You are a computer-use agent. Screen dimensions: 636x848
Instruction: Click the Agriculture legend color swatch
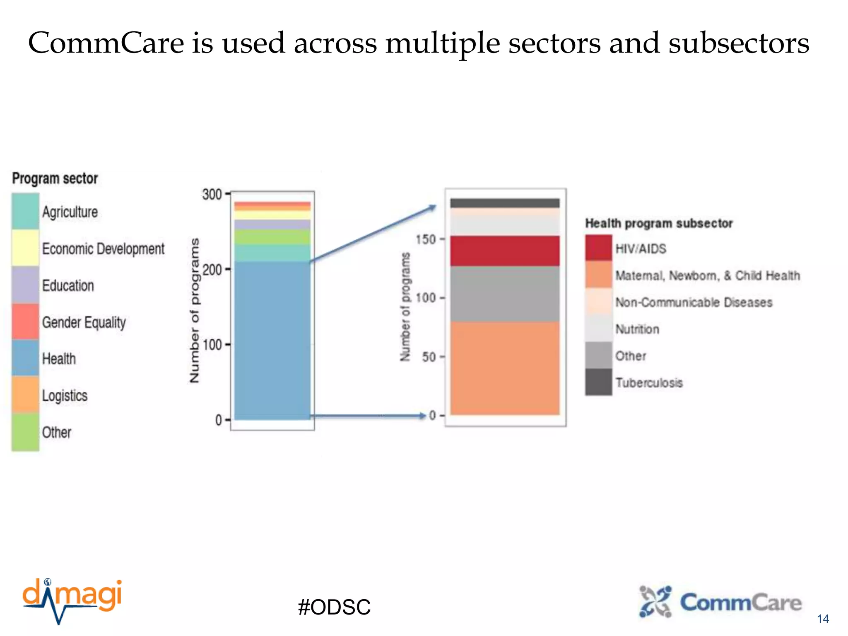(x=25, y=212)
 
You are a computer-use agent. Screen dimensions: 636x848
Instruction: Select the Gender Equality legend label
(x=84, y=322)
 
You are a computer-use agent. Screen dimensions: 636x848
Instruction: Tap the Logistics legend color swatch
(x=25, y=395)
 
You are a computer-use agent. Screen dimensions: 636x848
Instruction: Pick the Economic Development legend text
(x=103, y=248)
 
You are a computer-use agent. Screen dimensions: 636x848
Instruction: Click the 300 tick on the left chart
(x=212, y=194)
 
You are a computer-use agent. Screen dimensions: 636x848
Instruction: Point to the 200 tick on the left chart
(x=212, y=270)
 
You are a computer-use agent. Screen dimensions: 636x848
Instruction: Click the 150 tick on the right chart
(x=426, y=239)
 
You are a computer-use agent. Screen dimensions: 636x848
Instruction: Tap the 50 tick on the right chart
(x=429, y=357)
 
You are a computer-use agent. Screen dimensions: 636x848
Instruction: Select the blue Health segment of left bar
(x=272, y=340)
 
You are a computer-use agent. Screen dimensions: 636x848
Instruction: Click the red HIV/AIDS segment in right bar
(x=505, y=251)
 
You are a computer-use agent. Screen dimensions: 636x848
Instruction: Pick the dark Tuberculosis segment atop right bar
(x=505, y=203)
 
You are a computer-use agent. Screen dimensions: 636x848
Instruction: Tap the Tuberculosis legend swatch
(x=598, y=382)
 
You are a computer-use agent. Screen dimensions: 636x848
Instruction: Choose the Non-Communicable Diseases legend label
(x=694, y=302)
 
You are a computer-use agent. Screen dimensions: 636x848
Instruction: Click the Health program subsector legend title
(x=658, y=223)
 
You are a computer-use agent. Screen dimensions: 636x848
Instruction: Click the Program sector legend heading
(x=55, y=178)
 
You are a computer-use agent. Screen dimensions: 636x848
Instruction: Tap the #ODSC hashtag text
(x=334, y=607)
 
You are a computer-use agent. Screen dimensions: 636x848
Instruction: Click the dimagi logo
(x=72, y=600)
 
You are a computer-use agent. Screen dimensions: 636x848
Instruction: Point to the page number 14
(x=823, y=619)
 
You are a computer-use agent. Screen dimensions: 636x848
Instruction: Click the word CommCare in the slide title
(x=106, y=43)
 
